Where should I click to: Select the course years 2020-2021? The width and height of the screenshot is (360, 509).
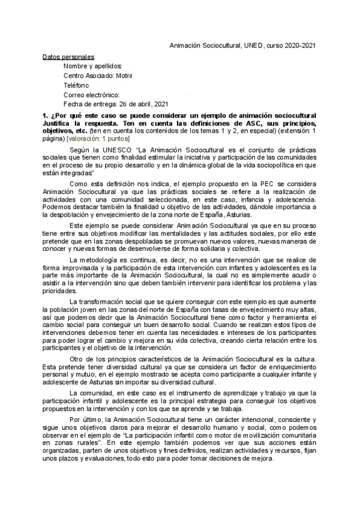[299, 45]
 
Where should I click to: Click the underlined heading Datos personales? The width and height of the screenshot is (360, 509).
[68, 56]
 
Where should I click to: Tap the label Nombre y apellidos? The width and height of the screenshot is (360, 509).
[93, 66]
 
